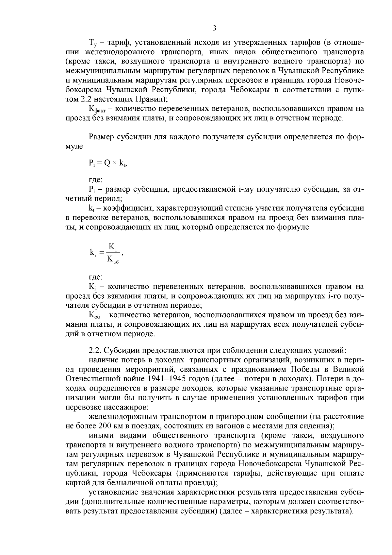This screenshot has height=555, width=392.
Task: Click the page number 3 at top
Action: click(214, 28)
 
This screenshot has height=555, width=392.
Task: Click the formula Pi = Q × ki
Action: click(107, 164)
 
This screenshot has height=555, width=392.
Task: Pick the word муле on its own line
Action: click(74, 147)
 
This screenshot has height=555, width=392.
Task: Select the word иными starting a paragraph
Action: click(101, 436)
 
